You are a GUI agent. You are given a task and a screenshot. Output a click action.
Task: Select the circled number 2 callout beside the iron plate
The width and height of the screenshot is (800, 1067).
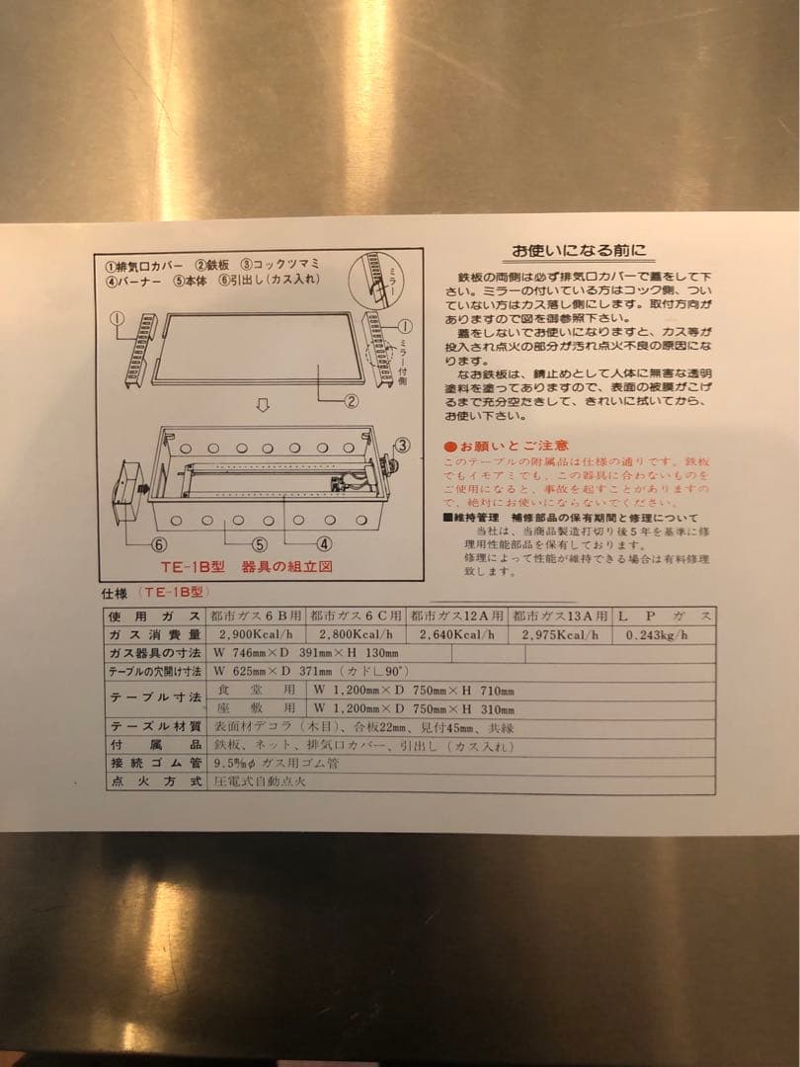point(351,400)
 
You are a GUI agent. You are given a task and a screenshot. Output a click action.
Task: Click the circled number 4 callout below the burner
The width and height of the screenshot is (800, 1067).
point(323,543)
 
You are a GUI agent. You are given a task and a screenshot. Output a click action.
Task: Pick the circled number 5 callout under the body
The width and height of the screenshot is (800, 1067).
point(259,543)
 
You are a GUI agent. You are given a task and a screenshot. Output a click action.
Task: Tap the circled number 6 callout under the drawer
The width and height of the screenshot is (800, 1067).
point(158,544)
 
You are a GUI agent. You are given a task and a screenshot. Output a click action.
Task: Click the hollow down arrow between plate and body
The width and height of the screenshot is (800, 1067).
point(264,407)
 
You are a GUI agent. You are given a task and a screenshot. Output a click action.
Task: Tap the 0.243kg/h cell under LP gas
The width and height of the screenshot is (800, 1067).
point(657,634)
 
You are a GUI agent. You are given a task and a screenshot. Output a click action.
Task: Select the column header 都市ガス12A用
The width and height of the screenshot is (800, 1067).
point(457,616)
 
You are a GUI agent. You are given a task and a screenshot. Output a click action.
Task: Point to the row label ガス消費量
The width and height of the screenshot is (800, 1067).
point(155,634)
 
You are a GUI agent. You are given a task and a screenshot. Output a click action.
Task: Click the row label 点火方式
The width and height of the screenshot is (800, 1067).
point(155,781)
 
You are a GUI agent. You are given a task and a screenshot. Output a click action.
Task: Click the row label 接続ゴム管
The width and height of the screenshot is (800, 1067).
point(155,763)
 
